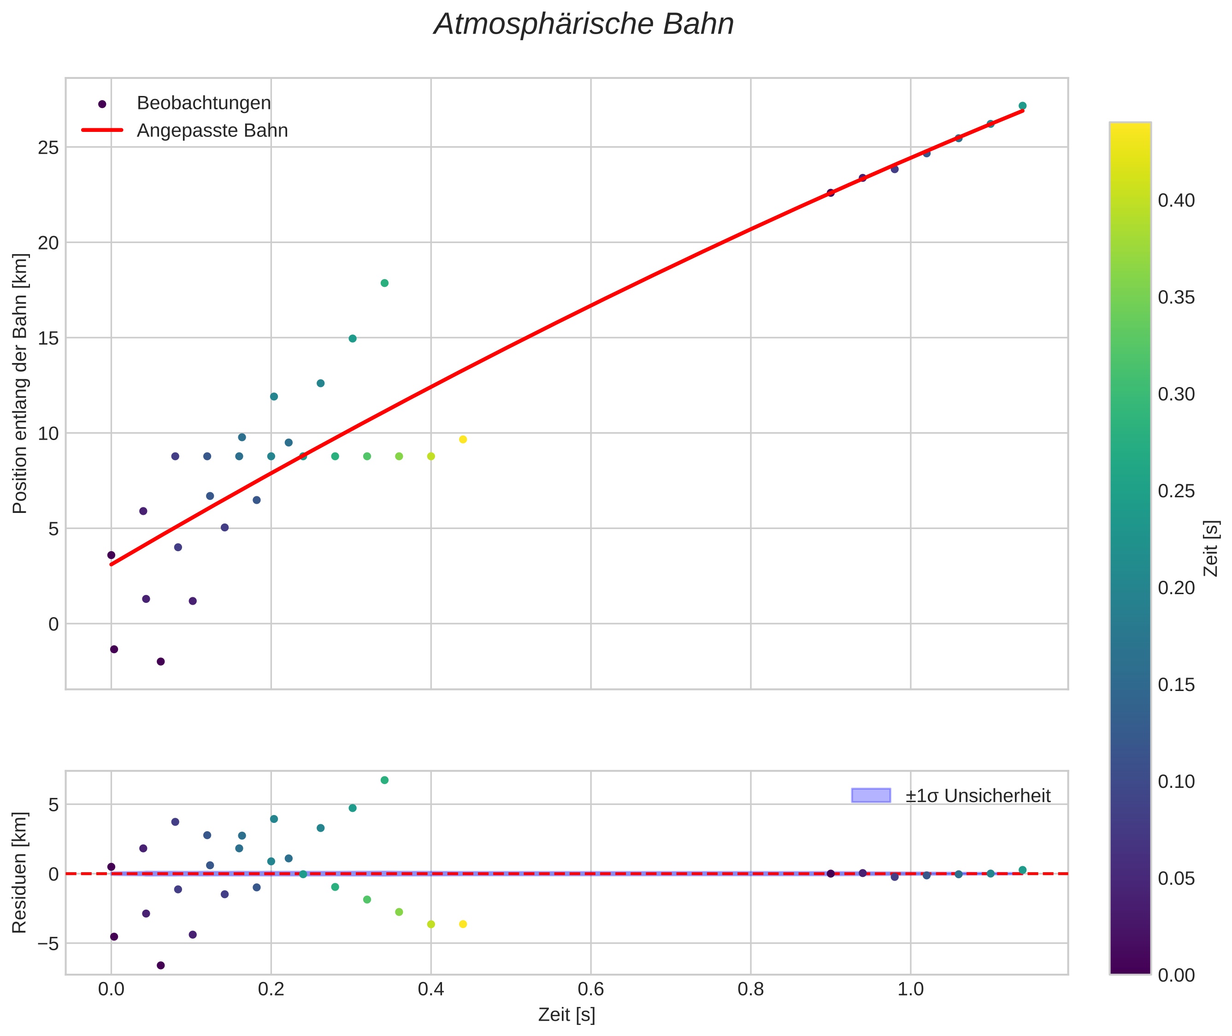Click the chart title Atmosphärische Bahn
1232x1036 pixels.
[584, 24]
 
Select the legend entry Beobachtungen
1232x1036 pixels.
[203, 103]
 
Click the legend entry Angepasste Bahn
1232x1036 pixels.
[212, 131]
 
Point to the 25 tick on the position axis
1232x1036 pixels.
[49, 148]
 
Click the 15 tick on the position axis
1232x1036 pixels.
[49, 338]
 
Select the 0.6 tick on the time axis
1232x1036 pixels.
[590, 989]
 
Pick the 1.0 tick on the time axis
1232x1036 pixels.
[910, 989]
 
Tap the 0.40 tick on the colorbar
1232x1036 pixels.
[1176, 201]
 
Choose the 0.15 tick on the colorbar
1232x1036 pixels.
[1176, 685]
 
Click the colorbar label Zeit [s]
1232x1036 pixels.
[1210, 548]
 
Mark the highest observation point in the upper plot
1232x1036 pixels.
[1022, 106]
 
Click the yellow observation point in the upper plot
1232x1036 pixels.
[462, 439]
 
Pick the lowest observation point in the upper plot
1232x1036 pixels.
[161, 661]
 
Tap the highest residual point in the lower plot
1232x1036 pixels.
[384, 780]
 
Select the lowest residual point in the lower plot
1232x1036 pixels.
[161, 965]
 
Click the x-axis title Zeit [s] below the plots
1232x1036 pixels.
[566, 1015]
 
